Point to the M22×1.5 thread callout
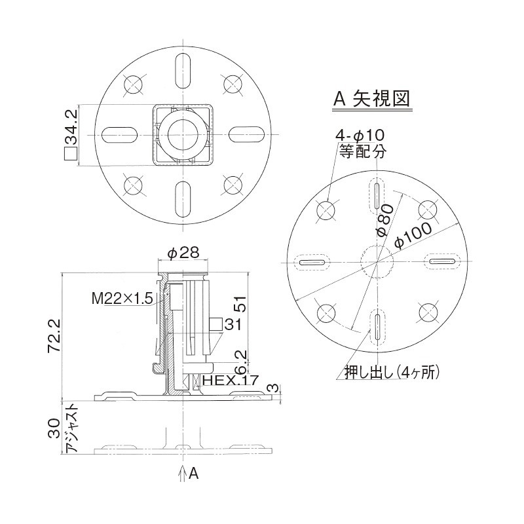122,299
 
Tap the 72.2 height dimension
55,335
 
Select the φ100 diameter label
413,234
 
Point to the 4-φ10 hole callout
360,135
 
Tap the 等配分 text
363,151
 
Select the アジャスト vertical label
72,429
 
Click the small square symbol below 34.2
70,154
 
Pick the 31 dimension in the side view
233,324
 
